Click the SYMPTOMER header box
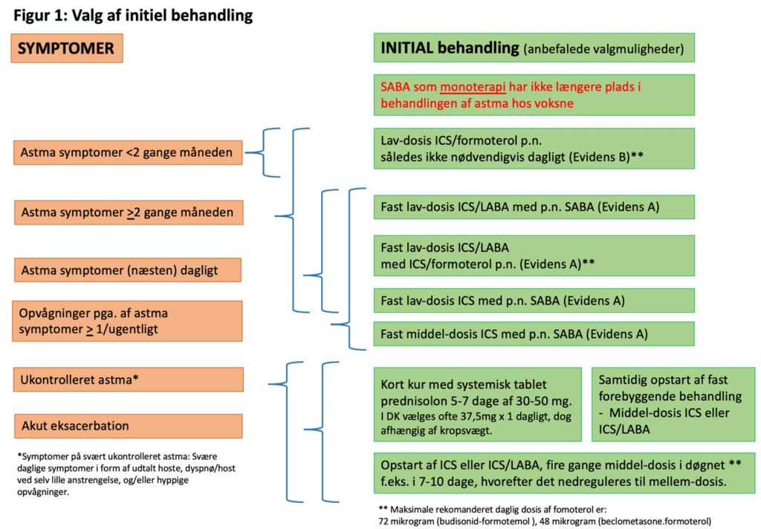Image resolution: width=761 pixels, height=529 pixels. coord(66,49)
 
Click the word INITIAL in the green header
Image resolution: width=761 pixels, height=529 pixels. coord(410,48)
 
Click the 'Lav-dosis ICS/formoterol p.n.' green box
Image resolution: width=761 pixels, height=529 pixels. coord(534,149)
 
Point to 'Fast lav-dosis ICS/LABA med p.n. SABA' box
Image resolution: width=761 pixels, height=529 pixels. coord(534,207)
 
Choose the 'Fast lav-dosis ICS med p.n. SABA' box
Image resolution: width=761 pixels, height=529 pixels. coord(534,300)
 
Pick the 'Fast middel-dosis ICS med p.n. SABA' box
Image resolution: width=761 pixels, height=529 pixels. coord(534,334)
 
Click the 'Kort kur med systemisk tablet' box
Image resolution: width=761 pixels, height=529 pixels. coord(478,404)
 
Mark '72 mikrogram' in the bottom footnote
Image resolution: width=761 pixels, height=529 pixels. coord(407,521)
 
